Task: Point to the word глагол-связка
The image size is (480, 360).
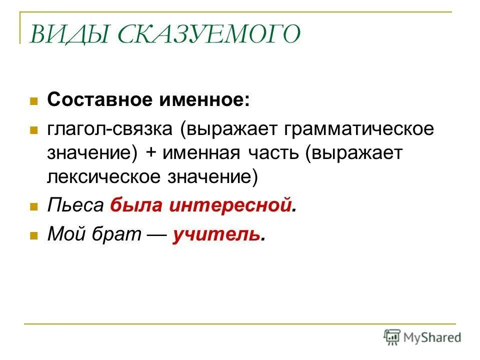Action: tap(110, 129)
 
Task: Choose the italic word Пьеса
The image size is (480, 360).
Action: tap(75, 205)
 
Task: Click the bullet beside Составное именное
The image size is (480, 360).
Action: tap(34, 100)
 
